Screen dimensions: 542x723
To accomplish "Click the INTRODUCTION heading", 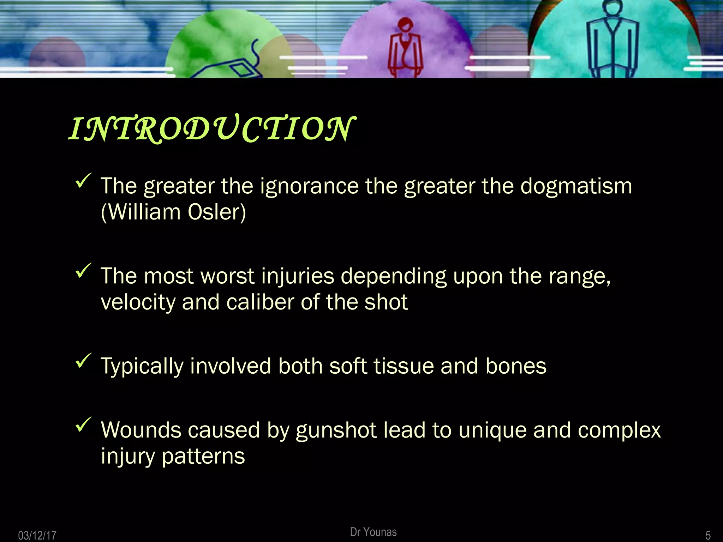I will coord(212,129).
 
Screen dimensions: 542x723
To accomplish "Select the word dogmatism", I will coord(576,186).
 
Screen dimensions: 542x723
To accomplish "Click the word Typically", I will coord(142,367).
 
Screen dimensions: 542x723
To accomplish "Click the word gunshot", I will coord(336,430).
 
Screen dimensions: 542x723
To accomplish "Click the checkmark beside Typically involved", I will coord(83,361).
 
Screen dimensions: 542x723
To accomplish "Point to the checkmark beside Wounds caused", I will coord(83,424).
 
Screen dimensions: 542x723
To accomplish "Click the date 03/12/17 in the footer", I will coord(37,535).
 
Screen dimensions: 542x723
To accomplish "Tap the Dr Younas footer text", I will coord(373,532).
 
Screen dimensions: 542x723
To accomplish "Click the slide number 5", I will coord(708,535).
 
